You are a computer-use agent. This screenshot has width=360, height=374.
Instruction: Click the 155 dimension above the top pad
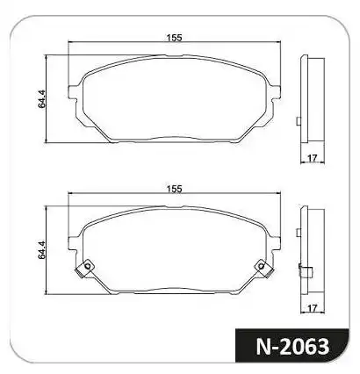[175, 38]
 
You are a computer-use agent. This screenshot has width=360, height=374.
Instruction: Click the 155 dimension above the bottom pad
[175, 189]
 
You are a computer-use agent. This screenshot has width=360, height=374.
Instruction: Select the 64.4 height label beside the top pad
[42, 99]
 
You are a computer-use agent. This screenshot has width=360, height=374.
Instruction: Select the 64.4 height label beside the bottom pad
[42, 250]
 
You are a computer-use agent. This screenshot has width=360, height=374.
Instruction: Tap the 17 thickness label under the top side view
[313, 158]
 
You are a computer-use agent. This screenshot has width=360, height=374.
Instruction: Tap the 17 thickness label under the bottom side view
[313, 308]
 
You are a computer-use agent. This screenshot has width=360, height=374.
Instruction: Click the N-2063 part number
[292, 347]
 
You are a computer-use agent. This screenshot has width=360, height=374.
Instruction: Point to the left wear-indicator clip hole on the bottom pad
[87, 266]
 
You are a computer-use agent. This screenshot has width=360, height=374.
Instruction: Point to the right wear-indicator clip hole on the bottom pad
[261, 266]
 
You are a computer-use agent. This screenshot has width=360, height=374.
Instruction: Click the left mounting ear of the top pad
[73, 92]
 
